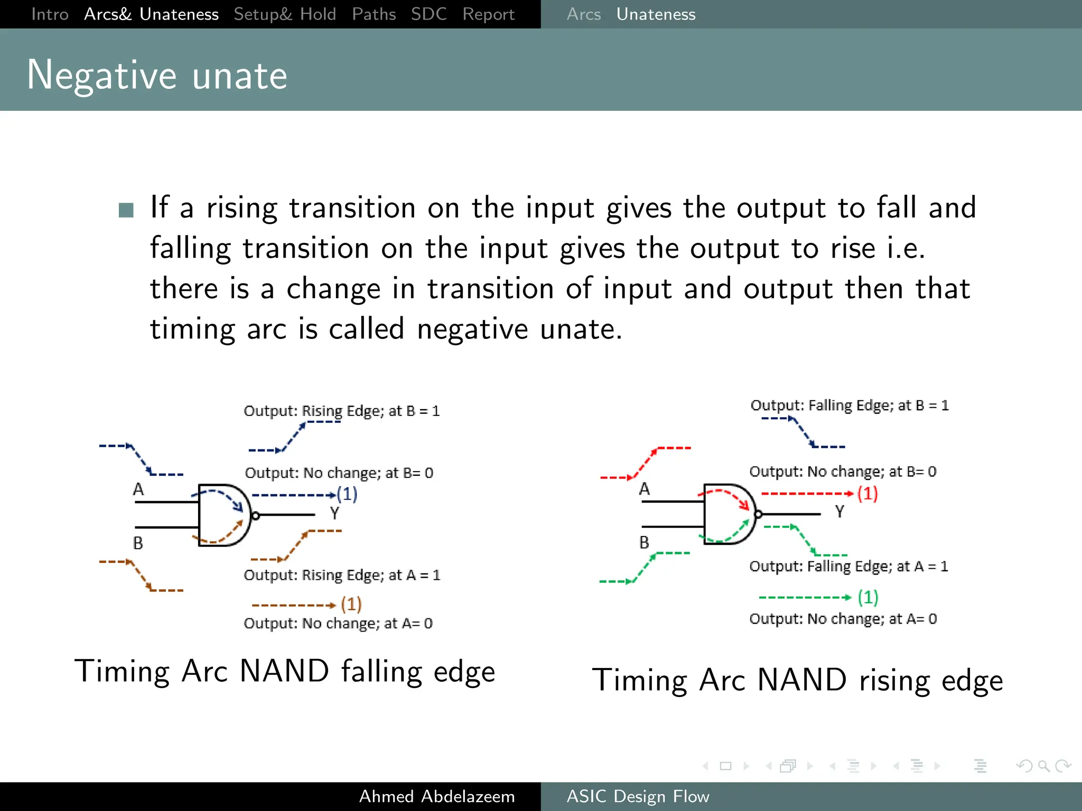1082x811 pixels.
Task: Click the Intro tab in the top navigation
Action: pyautogui.click(x=50, y=14)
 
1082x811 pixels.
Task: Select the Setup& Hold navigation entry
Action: pyautogui.click(x=285, y=14)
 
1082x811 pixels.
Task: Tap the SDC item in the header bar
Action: pyautogui.click(x=428, y=14)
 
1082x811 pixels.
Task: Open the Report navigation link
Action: pyautogui.click(x=488, y=14)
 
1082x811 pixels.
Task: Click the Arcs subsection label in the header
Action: pyautogui.click(x=583, y=14)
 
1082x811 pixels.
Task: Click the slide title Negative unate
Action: pyautogui.click(x=157, y=75)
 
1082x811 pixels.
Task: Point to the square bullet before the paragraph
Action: pyautogui.click(x=126, y=210)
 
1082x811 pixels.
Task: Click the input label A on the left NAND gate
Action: pyautogui.click(x=138, y=489)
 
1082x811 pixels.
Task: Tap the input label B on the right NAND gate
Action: pyautogui.click(x=644, y=542)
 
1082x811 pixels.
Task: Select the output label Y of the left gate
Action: pyautogui.click(x=334, y=513)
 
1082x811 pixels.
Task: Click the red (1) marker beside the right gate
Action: pyautogui.click(x=867, y=494)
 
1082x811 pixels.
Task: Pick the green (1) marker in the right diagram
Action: pyautogui.click(x=868, y=597)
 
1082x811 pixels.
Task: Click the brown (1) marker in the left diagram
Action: pyautogui.click(x=351, y=604)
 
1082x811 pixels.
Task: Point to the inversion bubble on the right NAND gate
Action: pyautogui.click(x=758, y=514)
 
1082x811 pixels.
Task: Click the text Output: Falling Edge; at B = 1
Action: pyautogui.click(x=849, y=405)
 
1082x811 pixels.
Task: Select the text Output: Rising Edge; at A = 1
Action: pyautogui.click(x=341, y=575)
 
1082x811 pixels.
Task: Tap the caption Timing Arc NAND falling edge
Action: pyautogui.click(x=285, y=672)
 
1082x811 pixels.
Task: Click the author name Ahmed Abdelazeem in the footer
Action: pyautogui.click(x=436, y=796)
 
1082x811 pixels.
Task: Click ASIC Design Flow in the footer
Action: pyautogui.click(x=638, y=796)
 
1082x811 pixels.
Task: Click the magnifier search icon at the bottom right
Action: pyautogui.click(x=1043, y=766)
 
